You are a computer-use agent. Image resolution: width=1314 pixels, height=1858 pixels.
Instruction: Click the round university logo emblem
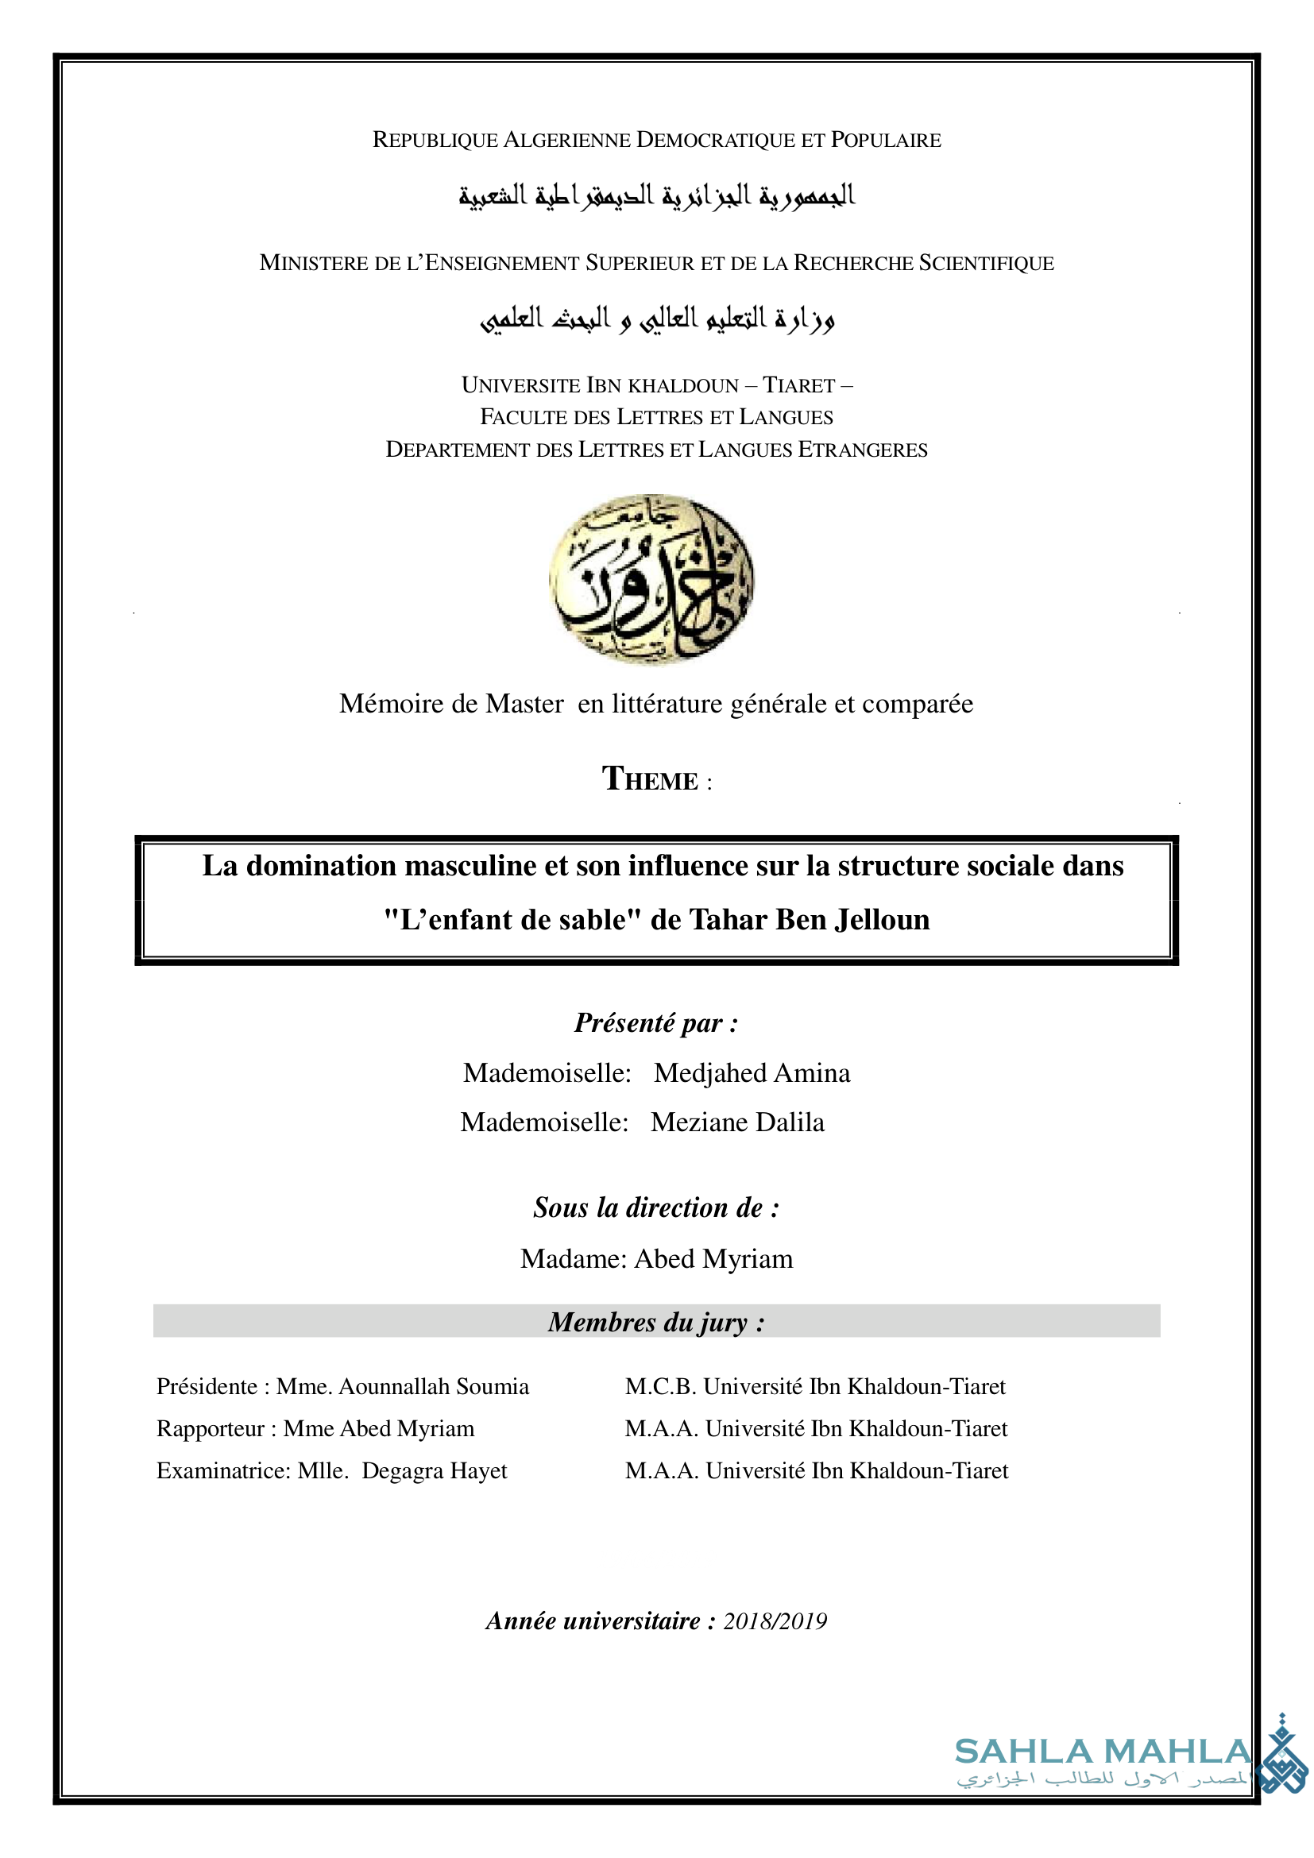pyautogui.click(x=651, y=579)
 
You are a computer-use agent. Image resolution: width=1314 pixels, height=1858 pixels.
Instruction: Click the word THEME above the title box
pyautogui.click(x=650, y=779)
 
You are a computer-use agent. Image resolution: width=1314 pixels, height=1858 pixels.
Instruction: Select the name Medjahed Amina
pyautogui.click(x=752, y=1073)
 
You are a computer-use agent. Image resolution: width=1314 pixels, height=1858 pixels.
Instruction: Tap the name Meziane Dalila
pyautogui.click(x=737, y=1122)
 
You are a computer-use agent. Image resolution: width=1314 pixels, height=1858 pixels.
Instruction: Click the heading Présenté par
pyautogui.click(x=655, y=1023)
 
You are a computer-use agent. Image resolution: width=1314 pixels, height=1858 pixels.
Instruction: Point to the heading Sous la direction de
pyautogui.click(x=655, y=1207)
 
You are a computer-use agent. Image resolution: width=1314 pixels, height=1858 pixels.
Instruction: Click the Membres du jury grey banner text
pyautogui.click(x=655, y=1322)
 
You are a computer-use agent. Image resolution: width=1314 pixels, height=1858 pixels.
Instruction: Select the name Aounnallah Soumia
pyautogui.click(x=434, y=1386)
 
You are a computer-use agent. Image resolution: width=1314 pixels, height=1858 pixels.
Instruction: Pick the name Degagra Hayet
pyautogui.click(x=434, y=1470)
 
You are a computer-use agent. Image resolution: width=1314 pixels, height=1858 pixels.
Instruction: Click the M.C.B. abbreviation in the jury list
pyautogui.click(x=660, y=1386)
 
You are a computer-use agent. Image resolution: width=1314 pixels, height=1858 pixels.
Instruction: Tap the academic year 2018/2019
pyautogui.click(x=775, y=1621)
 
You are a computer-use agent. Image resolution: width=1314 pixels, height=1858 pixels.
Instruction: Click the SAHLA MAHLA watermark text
pyautogui.click(x=1102, y=1752)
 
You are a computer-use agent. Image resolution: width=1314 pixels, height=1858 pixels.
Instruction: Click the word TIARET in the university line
pyautogui.click(x=798, y=385)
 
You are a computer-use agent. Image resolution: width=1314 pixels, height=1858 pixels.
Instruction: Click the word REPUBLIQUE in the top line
pyautogui.click(x=435, y=140)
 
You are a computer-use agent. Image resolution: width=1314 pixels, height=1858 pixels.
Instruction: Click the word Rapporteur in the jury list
pyautogui.click(x=211, y=1428)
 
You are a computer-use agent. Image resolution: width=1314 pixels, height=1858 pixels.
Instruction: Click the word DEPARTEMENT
pyautogui.click(x=457, y=450)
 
